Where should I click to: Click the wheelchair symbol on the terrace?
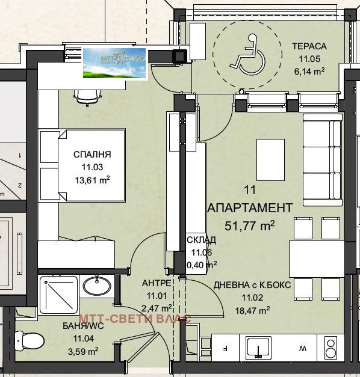click(247, 54)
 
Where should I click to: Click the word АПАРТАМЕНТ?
click(250, 207)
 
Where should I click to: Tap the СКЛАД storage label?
click(202, 241)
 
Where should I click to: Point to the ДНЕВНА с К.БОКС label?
click(252, 284)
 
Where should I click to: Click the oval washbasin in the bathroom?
click(96, 285)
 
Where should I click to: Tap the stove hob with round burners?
click(331, 348)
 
